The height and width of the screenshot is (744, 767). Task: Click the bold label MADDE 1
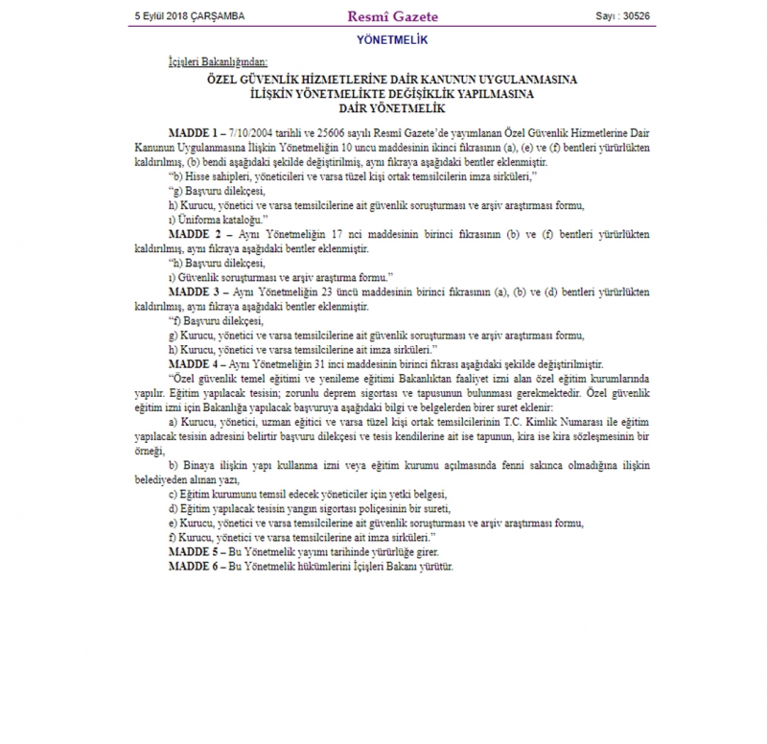click(194, 130)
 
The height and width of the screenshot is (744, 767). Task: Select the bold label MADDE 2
click(194, 233)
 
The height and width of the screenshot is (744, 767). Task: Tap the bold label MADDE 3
click(194, 291)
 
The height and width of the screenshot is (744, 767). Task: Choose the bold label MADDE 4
click(194, 364)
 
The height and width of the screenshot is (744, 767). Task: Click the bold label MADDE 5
click(194, 552)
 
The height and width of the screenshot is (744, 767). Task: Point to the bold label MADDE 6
click(194, 568)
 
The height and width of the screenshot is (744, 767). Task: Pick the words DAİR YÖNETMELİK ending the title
click(383, 108)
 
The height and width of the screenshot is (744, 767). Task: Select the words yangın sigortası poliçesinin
click(357, 509)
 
